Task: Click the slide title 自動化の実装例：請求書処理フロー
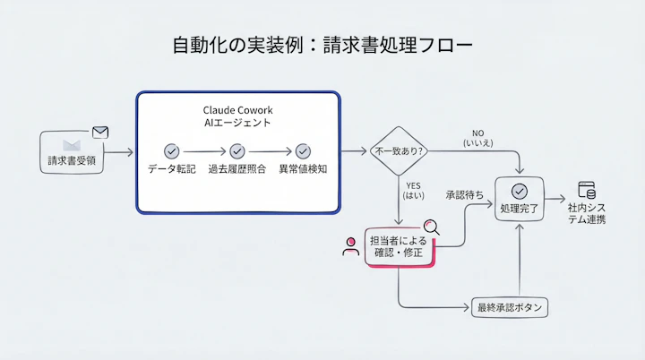point(322,46)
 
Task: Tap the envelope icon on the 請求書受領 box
point(100,133)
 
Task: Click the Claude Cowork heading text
point(237,108)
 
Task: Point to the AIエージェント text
point(237,123)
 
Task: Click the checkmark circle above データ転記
point(171,151)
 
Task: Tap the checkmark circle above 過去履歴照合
point(236,151)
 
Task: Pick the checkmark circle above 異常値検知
point(303,151)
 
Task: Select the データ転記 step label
point(171,170)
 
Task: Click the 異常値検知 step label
point(303,170)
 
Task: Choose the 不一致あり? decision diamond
point(400,153)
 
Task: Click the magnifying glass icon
point(433,227)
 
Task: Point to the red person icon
point(350,247)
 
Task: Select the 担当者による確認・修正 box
point(400,246)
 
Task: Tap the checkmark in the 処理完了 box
point(520,190)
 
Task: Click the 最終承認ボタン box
point(511,307)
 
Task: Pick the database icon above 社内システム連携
point(587,190)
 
